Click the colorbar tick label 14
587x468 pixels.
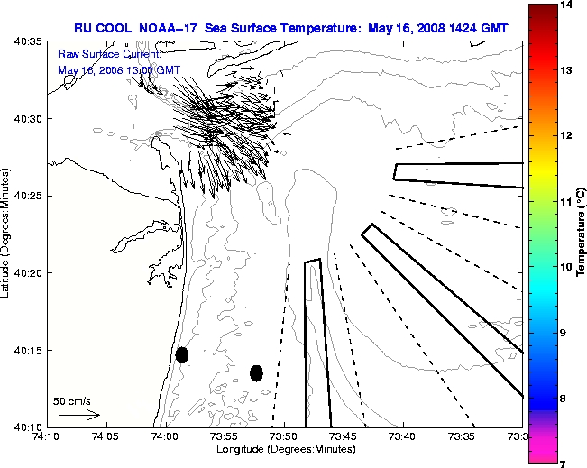click(x=566, y=6)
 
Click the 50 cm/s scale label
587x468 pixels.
click(x=72, y=400)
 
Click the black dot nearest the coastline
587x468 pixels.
click(x=182, y=354)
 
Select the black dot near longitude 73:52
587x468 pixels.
click(x=256, y=372)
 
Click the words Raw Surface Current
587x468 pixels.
click(x=96, y=55)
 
